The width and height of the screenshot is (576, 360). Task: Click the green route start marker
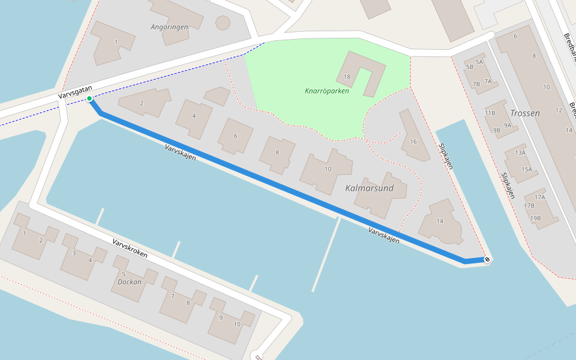point(89,98)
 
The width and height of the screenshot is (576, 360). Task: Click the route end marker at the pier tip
point(487,259)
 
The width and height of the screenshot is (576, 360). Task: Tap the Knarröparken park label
point(326,91)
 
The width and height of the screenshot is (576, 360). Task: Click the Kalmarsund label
point(369,188)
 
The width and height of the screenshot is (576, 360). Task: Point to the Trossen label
point(524,113)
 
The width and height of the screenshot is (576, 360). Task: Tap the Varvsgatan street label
point(75,92)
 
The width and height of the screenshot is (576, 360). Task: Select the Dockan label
point(129,281)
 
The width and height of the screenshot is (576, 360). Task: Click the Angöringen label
point(169,27)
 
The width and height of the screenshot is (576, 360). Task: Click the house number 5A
point(479,62)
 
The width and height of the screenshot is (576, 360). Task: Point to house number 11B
point(490,113)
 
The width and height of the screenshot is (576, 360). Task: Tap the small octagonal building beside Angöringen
point(223,23)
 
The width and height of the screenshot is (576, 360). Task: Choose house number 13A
point(520,152)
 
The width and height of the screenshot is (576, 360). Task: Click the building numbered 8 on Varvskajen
point(277,152)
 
